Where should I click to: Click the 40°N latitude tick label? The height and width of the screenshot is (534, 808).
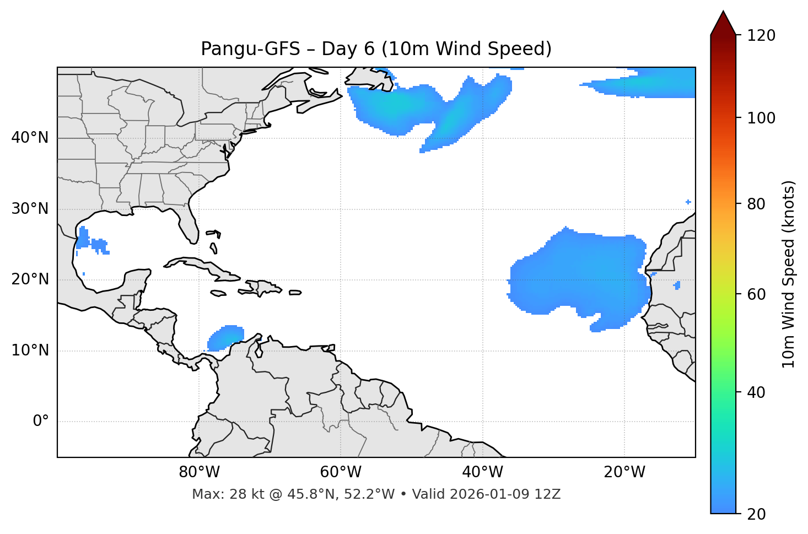click(x=30, y=138)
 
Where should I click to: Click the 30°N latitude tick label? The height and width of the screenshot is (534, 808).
click(x=30, y=209)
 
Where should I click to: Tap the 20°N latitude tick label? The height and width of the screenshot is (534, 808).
click(x=30, y=279)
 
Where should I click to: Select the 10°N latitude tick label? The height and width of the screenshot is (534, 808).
click(x=30, y=350)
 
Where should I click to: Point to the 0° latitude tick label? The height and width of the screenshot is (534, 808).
click(x=41, y=422)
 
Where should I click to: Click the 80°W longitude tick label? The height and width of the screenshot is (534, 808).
click(x=199, y=472)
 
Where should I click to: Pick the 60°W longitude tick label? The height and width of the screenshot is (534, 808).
click(x=341, y=472)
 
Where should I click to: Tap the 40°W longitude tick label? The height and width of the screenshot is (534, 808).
click(x=482, y=472)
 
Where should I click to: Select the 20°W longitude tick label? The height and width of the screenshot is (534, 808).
click(x=624, y=472)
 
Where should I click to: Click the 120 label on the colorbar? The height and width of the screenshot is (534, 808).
click(x=761, y=35)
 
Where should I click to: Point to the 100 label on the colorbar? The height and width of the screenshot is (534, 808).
click(x=761, y=118)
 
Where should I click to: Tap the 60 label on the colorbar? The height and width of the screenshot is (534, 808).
click(x=757, y=294)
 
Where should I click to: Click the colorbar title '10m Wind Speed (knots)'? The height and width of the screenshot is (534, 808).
click(x=789, y=274)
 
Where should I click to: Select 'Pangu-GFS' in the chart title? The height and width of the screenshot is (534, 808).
click(x=250, y=49)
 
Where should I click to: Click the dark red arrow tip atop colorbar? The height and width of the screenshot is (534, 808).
click(x=723, y=22)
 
